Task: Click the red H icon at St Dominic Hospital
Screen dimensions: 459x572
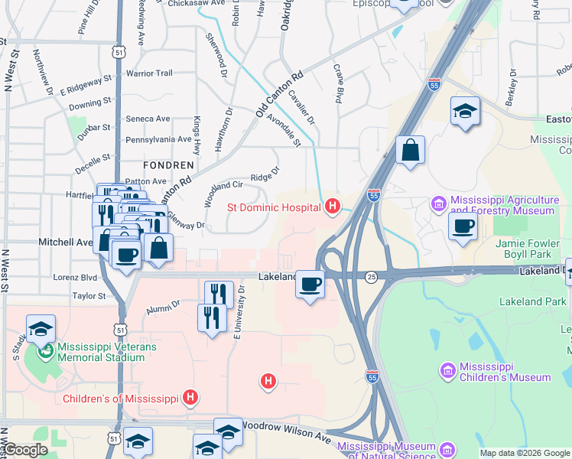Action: pos(332,206)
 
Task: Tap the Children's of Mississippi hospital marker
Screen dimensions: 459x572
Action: pos(190,398)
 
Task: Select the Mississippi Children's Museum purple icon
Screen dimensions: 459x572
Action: pos(447,370)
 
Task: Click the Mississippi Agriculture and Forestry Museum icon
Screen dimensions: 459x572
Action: pos(438,203)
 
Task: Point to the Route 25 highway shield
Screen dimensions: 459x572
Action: pos(372,275)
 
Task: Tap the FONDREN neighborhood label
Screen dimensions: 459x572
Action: pos(168,164)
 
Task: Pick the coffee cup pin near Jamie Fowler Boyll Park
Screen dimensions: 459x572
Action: pos(463,226)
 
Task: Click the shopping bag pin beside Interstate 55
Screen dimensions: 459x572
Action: pos(410,151)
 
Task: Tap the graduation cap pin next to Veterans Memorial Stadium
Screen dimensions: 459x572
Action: pos(41,329)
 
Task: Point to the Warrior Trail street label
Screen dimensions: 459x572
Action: pos(150,73)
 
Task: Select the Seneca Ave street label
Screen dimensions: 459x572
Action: pos(148,119)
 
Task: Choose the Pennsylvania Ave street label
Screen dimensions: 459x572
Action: pos(158,139)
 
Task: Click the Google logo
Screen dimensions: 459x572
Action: pos(24,451)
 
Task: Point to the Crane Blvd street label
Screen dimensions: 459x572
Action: pos(336,83)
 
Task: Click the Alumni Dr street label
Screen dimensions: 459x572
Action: pos(162,307)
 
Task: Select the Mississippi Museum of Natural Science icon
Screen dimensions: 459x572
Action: pos(447,448)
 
